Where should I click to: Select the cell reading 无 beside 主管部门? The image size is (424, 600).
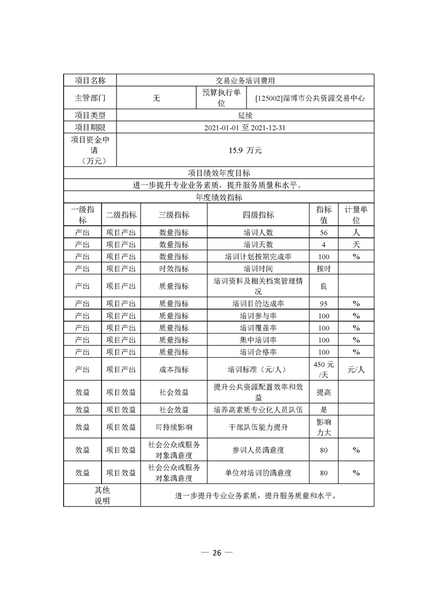156,98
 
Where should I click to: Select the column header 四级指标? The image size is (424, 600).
258,214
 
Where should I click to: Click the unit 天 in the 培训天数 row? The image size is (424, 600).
356,244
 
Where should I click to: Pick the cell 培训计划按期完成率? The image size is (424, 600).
258,257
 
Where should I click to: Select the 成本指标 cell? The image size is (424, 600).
174,369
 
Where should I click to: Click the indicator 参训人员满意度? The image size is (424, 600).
258,450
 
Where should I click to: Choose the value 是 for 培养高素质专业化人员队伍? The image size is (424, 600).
323,410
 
